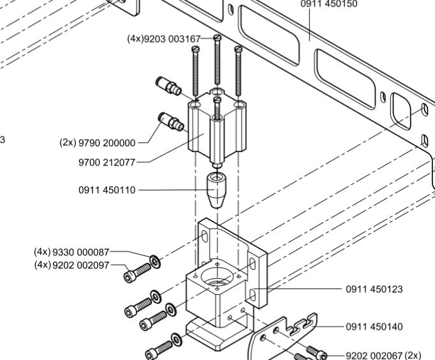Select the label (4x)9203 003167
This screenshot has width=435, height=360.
click(x=163, y=39)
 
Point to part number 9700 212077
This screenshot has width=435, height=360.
click(x=107, y=162)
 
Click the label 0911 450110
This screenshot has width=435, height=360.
click(x=107, y=190)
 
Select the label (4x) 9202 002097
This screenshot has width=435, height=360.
click(x=71, y=265)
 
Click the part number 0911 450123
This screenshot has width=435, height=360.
click(x=374, y=289)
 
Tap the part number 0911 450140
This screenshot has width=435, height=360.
click(x=374, y=327)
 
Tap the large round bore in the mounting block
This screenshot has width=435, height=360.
click(x=217, y=278)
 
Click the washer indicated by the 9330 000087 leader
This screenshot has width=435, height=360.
click(x=155, y=260)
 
